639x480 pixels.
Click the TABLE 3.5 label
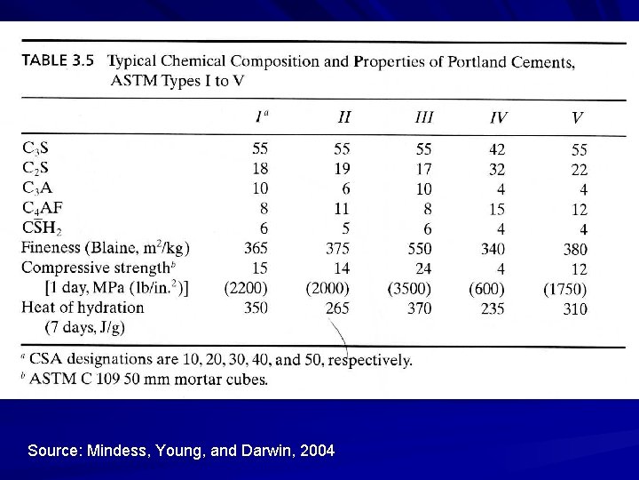(x=58, y=62)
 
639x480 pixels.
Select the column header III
(x=424, y=116)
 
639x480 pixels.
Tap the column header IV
(x=499, y=117)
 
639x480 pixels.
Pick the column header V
(x=577, y=117)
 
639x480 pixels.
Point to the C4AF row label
(x=43, y=209)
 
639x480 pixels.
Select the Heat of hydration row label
(x=83, y=308)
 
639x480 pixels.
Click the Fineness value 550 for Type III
(x=420, y=249)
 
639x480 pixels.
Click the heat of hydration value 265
(x=337, y=308)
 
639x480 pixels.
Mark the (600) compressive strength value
(x=486, y=289)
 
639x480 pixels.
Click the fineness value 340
(x=493, y=249)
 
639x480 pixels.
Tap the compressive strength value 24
(x=423, y=268)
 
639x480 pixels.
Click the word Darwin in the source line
(x=267, y=451)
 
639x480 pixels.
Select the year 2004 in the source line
(x=318, y=451)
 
